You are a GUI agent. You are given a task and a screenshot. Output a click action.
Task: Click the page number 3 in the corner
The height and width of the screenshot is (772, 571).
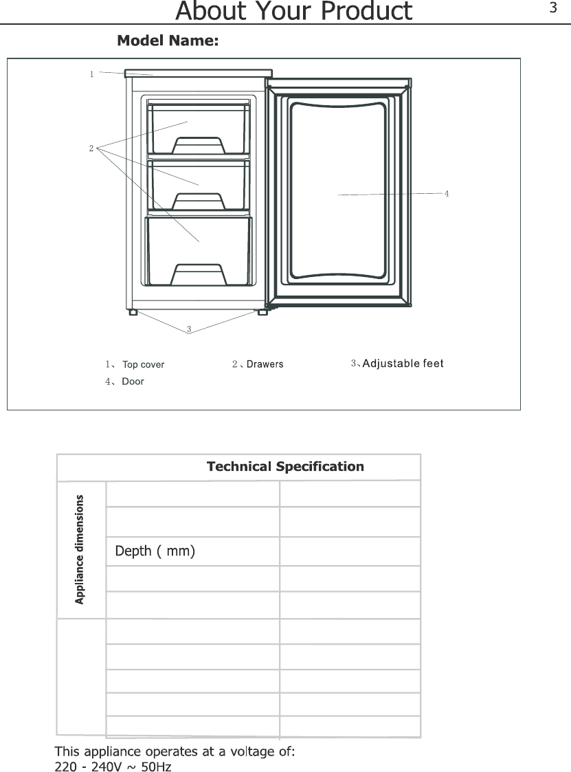pyautogui.click(x=553, y=8)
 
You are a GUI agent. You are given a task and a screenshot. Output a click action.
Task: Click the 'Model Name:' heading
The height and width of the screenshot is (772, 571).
pyautogui.click(x=168, y=41)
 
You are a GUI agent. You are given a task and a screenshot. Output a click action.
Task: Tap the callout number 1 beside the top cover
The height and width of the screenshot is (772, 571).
pyautogui.click(x=91, y=74)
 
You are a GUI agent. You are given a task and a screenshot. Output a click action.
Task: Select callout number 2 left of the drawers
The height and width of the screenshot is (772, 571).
pyautogui.click(x=91, y=148)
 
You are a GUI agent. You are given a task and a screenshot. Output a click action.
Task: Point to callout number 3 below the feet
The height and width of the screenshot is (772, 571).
pyautogui.click(x=189, y=329)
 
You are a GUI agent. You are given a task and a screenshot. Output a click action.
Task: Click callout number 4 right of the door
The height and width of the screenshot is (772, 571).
pyautogui.click(x=447, y=193)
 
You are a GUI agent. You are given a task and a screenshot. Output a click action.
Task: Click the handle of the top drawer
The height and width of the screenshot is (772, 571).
pyautogui.click(x=199, y=145)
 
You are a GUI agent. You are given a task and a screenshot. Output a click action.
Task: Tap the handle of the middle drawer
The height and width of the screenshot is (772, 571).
pyautogui.click(x=199, y=201)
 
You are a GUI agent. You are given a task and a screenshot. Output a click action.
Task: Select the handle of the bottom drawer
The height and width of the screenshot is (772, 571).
pyautogui.click(x=199, y=274)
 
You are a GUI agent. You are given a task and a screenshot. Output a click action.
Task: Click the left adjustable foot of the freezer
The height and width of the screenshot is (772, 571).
pyautogui.click(x=133, y=312)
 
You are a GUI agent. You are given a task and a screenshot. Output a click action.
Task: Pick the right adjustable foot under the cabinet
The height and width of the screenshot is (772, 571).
pyautogui.click(x=263, y=312)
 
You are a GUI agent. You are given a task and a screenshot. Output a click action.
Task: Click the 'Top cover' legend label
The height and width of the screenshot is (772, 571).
pyautogui.click(x=143, y=364)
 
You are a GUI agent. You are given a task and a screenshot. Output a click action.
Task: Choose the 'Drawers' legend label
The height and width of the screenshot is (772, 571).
pyautogui.click(x=265, y=364)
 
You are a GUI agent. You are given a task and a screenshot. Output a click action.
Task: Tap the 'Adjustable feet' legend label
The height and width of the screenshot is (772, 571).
pyautogui.click(x=403, y=364)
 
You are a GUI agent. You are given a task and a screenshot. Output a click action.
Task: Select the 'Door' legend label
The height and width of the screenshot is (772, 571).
pyautogui.click(x=133, y=381)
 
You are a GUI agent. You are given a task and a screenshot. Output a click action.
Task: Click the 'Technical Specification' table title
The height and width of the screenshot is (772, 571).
pyautogui.click(x=286, y=466)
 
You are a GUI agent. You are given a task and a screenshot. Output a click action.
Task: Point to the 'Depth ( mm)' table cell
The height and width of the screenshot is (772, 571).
pyautogui.click(x=155, y=551)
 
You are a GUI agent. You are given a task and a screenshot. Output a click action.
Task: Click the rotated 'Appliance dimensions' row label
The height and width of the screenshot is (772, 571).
pyautogui.click(x=80, y=549)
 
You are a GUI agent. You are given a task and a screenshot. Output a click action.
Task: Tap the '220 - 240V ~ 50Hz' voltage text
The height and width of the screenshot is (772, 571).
pyautogui.click(x=113, y=766)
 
